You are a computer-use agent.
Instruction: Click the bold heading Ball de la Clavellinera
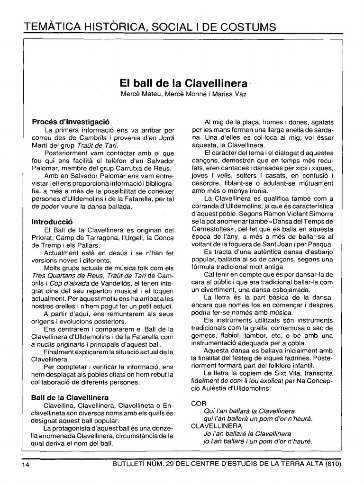click(x=70, y=397)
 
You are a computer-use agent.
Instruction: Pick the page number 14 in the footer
click(x=26, y=465)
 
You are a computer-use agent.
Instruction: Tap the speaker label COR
click(x=198, y=404)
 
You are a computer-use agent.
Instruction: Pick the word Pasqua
click(x=321, y=244)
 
